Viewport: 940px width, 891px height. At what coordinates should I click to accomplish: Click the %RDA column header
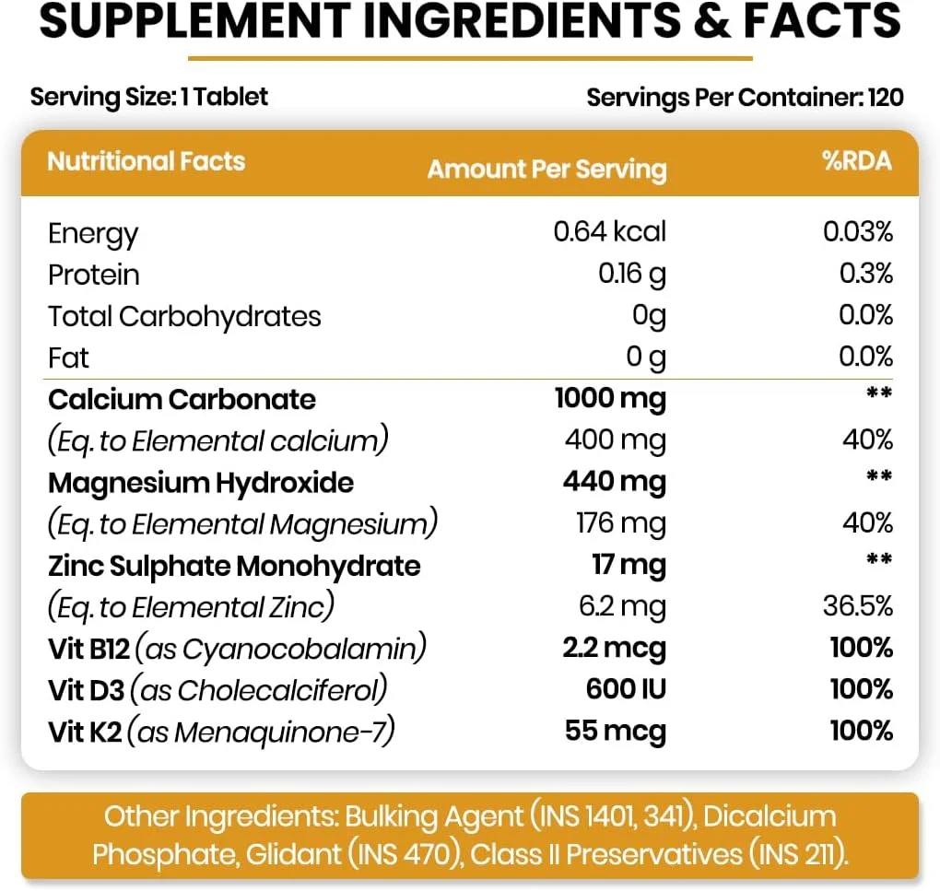click(856, 161)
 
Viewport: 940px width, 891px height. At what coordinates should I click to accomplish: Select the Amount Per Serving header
click(546, 170)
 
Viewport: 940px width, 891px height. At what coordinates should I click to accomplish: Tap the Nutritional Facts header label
click(147, 161)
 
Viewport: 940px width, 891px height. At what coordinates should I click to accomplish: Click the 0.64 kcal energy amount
click(609, 231)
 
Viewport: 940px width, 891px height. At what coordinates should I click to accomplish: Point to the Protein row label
click(94, 275)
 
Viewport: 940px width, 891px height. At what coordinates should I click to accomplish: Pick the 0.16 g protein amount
click(631, 274)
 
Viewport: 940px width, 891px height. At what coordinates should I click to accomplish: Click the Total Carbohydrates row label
click(184, 316)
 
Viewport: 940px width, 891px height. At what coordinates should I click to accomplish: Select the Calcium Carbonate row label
click(182, 399)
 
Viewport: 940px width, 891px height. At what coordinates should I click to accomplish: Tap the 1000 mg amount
click(609, 399)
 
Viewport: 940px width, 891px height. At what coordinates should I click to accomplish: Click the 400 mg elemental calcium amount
click(615, 440)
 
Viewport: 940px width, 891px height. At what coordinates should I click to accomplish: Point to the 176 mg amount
click(620, 523)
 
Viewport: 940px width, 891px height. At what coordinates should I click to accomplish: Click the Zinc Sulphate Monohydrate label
click(234, 565)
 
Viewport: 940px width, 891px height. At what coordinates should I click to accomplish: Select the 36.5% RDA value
click(857, 606)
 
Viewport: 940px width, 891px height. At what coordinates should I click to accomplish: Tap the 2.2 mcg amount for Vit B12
click(614, 648)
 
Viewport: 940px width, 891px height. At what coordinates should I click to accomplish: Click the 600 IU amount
click(626, 689)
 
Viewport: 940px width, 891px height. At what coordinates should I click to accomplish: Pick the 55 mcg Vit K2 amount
click(615, 731)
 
